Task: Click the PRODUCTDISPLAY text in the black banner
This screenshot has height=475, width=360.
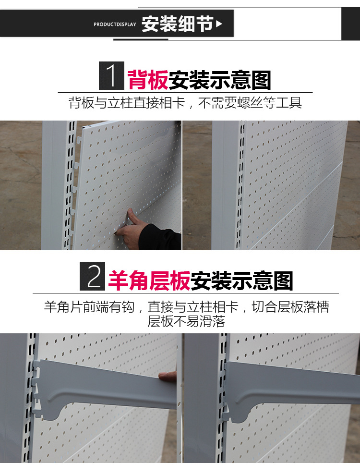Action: click(115, 24)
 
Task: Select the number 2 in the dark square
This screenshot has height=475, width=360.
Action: click(94, 277)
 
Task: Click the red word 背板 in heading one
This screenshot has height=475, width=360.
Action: click(147, 80)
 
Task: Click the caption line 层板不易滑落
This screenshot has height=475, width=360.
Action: click(186, 321)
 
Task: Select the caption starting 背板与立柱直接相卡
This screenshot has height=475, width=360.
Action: click(185, 102)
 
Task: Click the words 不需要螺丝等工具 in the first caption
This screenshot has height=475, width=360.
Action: click(250, 102)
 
